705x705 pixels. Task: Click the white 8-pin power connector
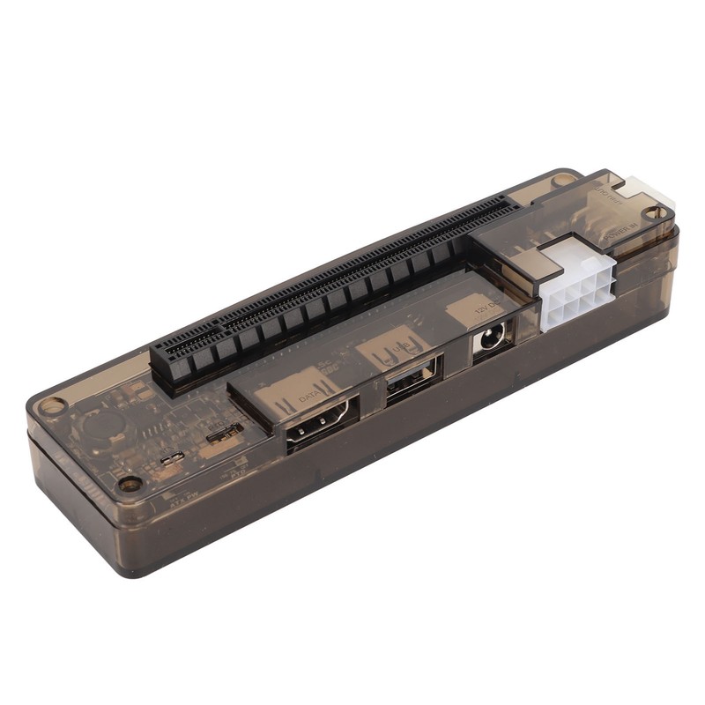coord(574,284)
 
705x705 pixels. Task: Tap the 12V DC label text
coord(484,308)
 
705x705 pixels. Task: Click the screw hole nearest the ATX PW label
coord(130,484)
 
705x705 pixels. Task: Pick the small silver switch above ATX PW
coord(173,457)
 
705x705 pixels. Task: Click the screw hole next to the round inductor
coord(53,406)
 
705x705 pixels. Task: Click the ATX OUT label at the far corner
coord(609,197)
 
